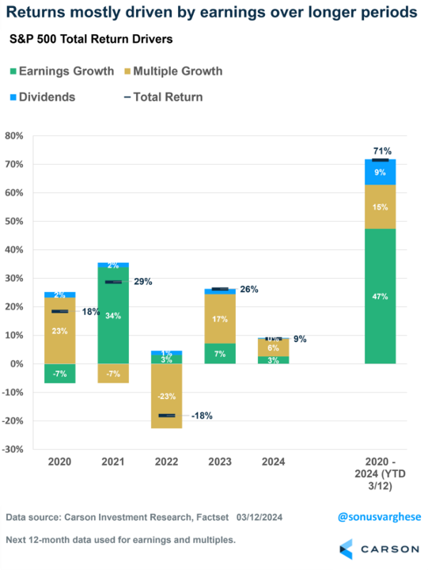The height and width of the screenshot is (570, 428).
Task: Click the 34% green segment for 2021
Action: tap(114, 315)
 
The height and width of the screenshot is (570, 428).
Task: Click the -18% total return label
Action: tap(202, 415)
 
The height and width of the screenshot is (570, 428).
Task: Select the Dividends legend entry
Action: tap(47, 97)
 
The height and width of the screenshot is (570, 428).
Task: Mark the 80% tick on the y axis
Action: tap(14, 136)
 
